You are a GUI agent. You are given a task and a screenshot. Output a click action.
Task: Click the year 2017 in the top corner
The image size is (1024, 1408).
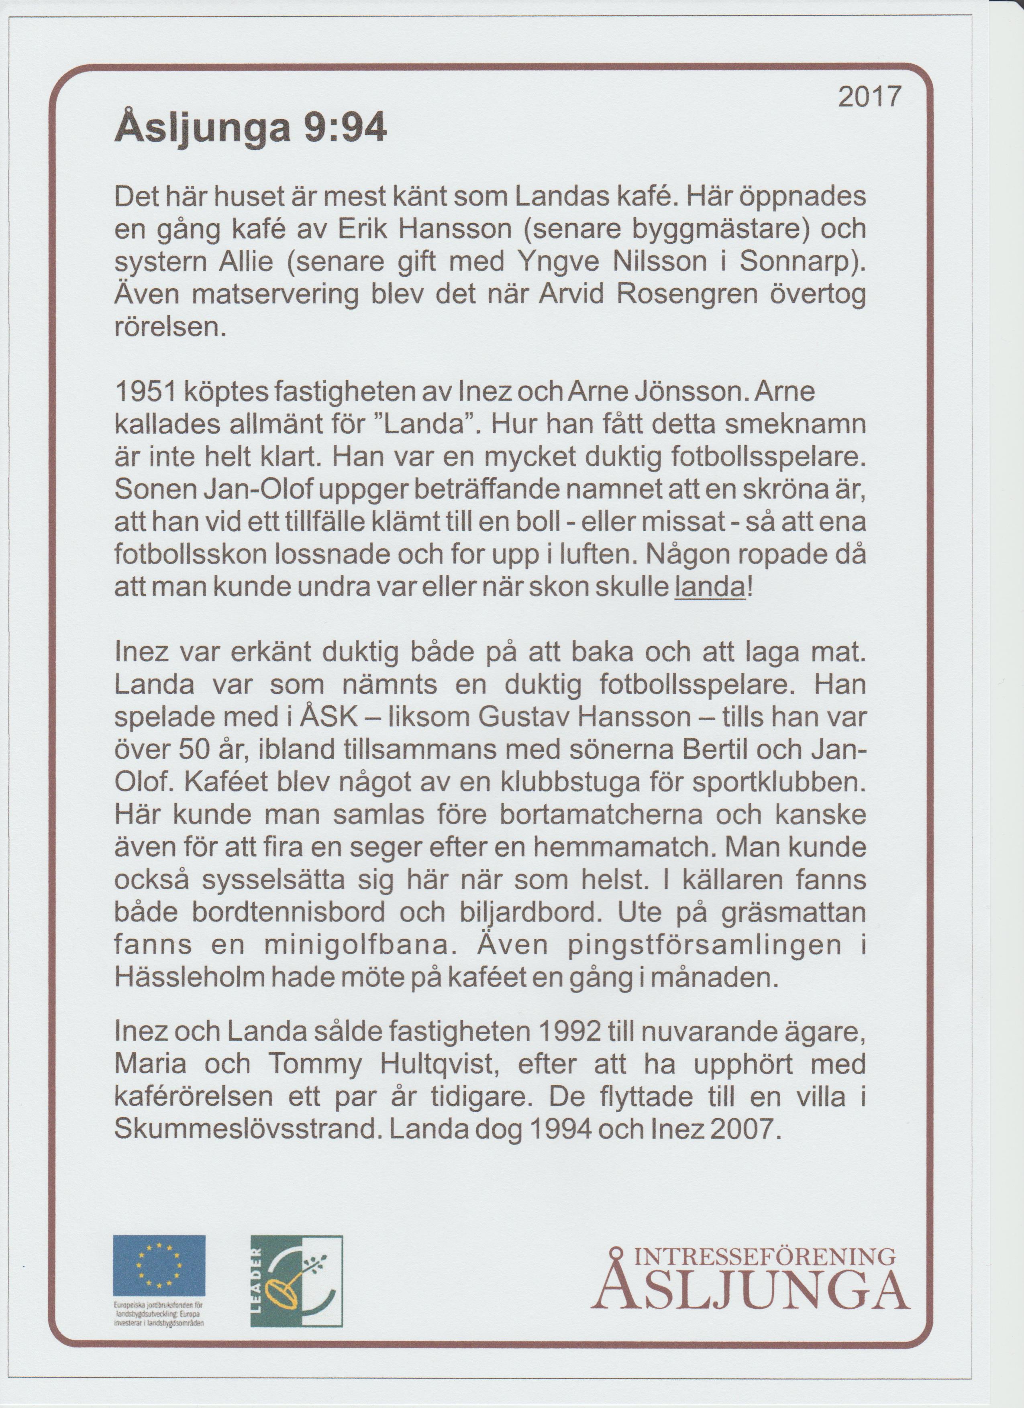[x=868, y=98]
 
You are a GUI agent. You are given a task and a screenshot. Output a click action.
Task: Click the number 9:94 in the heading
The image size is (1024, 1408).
[x=345, y=130]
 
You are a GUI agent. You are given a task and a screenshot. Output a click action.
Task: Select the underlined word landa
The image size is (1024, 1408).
[x=709, y=587]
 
